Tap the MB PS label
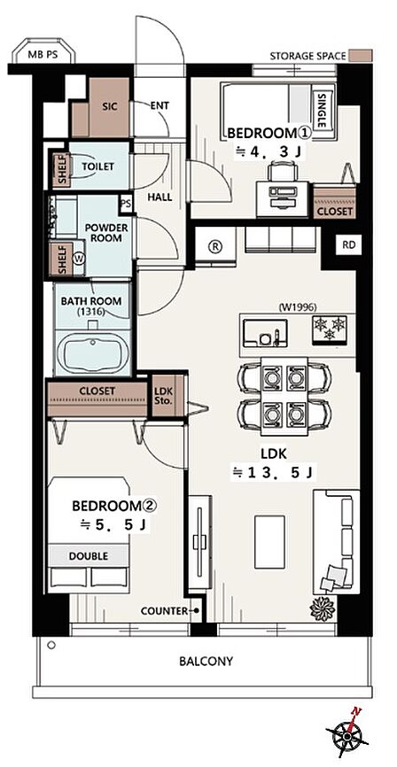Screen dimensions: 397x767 pyautogui.click(x=43, y=55)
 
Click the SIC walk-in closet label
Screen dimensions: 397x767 pyautogui.click(x=110, y=106)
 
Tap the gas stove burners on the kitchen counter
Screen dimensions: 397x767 pyautogui.click(x=330, y=329)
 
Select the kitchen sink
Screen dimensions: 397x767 pyautogui.click(x=265, y=333)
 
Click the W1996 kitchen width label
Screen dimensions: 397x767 pyautogui.click(x=298, y=307)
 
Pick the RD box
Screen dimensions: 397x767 pyautogui.click(x=348, y=245)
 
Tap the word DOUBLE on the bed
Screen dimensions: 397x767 pyautogui.click(x=88, y=556)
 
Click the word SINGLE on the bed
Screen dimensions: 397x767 pyautogui.click(x=321, y=111)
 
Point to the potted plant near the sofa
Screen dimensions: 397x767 pyautogui.click(x=322, y=608)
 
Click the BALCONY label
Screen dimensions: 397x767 pyautogui.click(x=206, y=662)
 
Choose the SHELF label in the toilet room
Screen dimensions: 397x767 pyautogui.click(x=62, y=170)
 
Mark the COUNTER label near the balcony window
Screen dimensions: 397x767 pyautogui.click(x=164, y=611)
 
